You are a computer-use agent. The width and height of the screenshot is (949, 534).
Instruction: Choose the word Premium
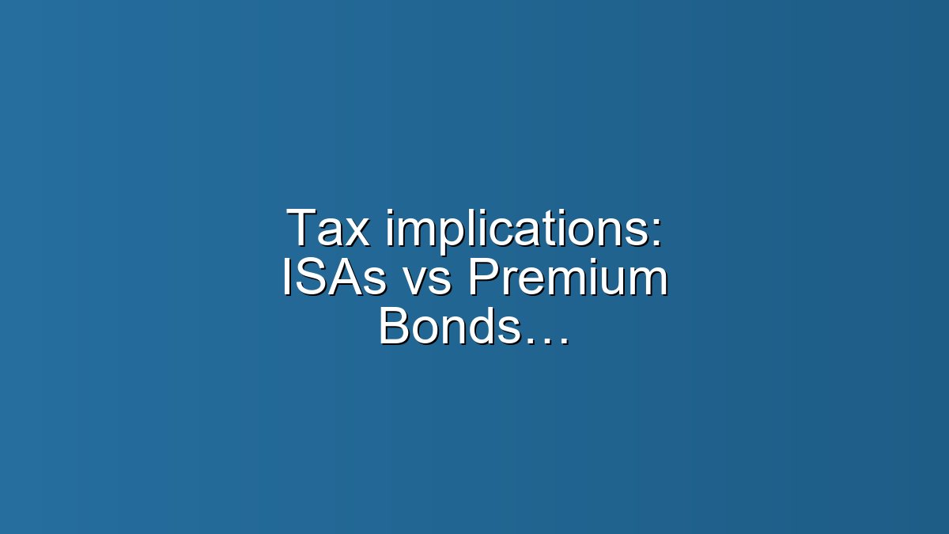[x=568, y=279]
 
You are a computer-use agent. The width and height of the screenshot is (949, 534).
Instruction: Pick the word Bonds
[x=450, y=327]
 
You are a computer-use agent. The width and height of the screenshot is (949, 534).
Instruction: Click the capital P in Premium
[x=482, y=279]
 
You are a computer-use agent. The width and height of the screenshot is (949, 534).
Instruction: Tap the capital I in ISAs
[x=288, y=279]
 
